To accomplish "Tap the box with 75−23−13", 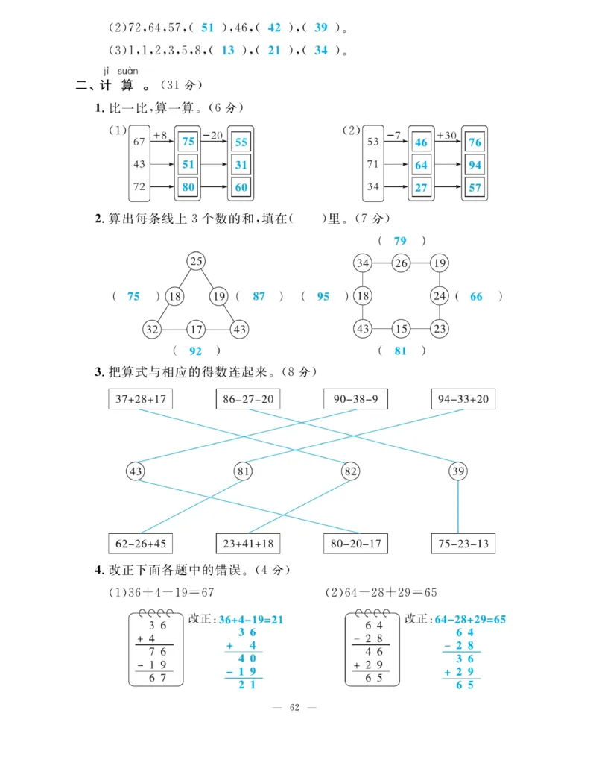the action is point(463,543).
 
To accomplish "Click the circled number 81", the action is point(243,471).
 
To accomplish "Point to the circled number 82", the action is point(350,471).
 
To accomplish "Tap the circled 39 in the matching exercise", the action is point(458,471).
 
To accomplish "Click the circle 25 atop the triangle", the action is point(196,261).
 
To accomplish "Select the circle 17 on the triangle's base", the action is point(196,329).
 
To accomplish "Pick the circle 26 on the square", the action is point(402,263).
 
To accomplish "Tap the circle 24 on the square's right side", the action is point(440,296).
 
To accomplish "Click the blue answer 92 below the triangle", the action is point(196,351).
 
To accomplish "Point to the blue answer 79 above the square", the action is point(401,241).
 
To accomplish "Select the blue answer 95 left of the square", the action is point(323,296).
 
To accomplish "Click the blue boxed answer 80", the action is point(188,187).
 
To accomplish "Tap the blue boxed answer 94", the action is point(475,165).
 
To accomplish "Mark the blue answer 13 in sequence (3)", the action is point(228,51).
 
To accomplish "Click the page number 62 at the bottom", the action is point(294,707).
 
